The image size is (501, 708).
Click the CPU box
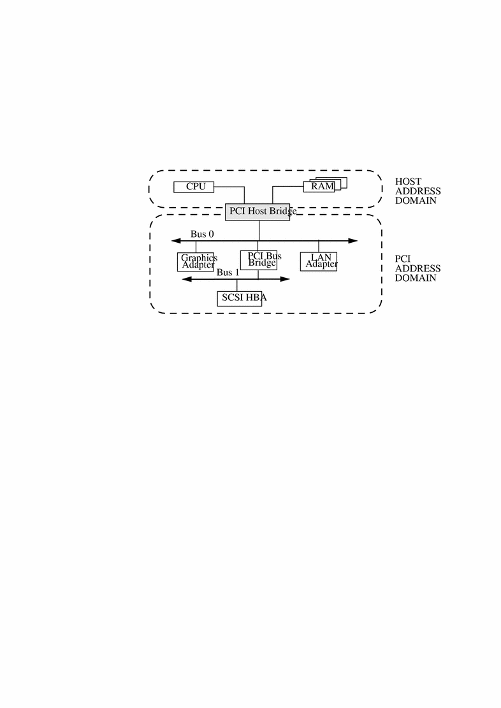coord(194,187)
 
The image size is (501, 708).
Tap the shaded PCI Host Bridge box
coord(258,212)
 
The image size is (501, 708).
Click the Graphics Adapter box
coord(195,261)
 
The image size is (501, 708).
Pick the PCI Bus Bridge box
coord(259,259)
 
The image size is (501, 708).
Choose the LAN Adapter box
coord(319,261)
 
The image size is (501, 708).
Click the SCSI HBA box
coord(240,298)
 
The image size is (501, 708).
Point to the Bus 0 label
coord(202,234)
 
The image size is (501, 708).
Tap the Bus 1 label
coord(228,272)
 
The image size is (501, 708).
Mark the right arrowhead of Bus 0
coord(352,241)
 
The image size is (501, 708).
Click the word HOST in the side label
coord(408,182)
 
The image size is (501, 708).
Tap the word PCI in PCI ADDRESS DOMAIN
coord(402,259)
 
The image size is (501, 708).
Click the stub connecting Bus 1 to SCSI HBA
coord(237,285)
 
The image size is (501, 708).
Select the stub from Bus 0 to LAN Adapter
coord(319,247)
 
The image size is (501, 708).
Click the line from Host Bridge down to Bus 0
coord(259,230)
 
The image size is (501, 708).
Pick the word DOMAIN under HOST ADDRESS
coord(416,201)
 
